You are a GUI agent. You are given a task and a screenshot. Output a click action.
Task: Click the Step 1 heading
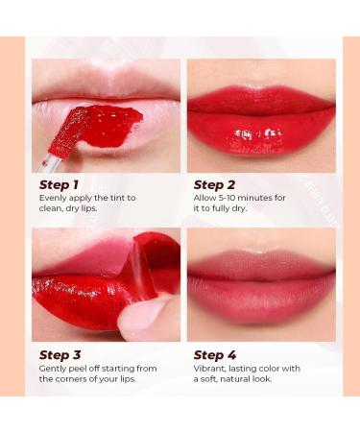pos(60,184)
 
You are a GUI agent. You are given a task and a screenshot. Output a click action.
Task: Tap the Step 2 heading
pos(214,184)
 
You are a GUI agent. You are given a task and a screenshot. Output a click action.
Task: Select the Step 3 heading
pos(60,354)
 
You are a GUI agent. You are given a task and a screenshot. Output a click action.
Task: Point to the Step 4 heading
pos(215,354)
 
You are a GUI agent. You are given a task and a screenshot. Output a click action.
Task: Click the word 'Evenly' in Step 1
pos(53,198)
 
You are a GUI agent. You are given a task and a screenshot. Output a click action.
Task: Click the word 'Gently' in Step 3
pos(53,368)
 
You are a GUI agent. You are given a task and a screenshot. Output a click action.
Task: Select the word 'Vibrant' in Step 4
pos(210,368)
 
